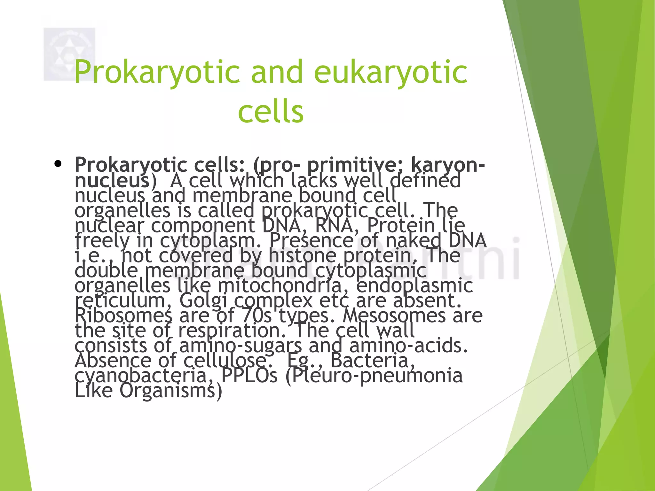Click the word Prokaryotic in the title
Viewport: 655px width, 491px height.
(157, 72)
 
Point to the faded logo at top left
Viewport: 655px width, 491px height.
(69, 54)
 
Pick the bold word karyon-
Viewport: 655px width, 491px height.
(448, 165)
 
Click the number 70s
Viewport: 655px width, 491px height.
(256, 316)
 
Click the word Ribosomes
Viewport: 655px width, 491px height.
(123, 316)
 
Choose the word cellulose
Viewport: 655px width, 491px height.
(225, 361)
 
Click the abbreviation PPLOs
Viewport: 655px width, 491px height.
(249, 376)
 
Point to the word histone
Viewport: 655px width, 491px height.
(302, 255)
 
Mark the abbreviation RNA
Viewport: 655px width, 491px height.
(334, 225)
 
